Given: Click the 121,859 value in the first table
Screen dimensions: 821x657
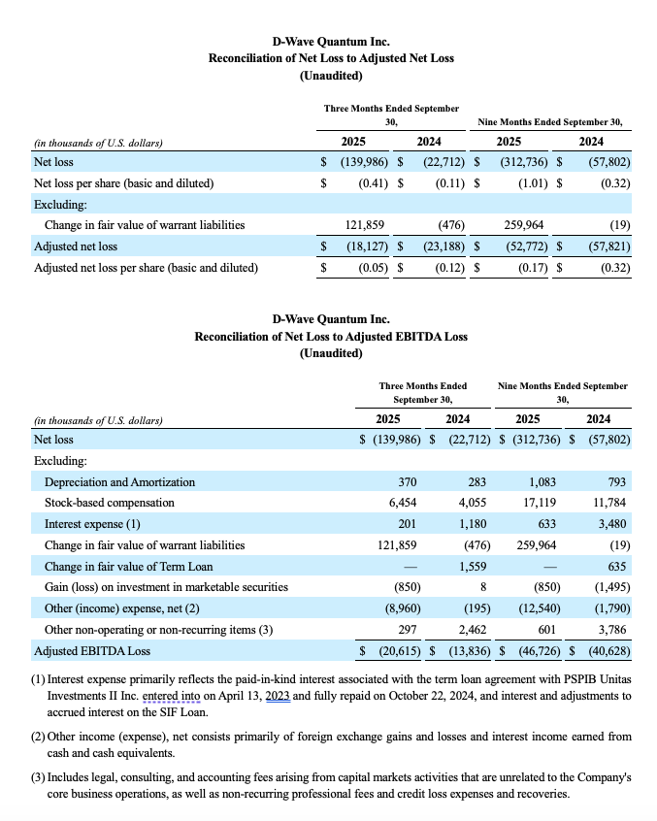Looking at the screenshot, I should click(366, 225).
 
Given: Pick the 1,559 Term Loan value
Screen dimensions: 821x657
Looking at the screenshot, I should click(473, 567).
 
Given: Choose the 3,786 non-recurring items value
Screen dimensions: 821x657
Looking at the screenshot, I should click(611, 630).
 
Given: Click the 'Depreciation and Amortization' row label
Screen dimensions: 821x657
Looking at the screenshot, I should click(119, 481).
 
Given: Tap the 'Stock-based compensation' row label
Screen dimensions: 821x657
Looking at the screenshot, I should click(110, 503).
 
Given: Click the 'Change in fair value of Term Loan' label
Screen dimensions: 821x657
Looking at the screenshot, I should click(128, 567).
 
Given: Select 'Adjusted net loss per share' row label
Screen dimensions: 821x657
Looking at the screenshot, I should click(146, 267).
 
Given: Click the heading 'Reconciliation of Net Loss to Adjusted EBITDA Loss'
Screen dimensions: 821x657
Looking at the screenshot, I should click(331, 336).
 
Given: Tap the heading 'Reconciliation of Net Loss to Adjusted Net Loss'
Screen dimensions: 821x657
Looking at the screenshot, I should click(331, 58).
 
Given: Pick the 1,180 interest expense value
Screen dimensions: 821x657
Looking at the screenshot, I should click(472, 524).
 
